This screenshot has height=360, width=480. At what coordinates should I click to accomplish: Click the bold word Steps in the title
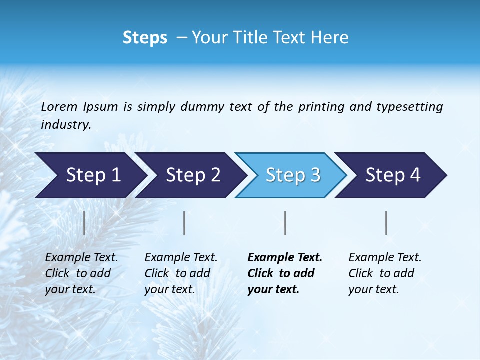pos(145,38)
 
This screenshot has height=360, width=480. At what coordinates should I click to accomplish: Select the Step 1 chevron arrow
pos(90,175)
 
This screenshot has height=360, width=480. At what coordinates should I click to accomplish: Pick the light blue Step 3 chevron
pos(290,175)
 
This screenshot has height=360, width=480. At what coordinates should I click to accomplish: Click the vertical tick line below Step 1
pos(84,223)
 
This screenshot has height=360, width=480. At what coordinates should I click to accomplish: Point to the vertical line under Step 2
pos(184,223)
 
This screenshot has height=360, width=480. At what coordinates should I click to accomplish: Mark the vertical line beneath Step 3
pos(285,223)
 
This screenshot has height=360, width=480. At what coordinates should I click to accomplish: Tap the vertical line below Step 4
pos(386,223)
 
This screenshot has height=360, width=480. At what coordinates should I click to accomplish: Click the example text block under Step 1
pos(81,273)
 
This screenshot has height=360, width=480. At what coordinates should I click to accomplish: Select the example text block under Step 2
pos(181,273)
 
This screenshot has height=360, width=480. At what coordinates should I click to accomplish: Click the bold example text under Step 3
pos(285,273)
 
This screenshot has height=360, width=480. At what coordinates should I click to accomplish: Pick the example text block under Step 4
pos(385,273)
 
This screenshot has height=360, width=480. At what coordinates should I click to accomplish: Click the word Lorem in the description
pos(59,106)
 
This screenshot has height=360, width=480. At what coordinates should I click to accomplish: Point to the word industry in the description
pos(66,125)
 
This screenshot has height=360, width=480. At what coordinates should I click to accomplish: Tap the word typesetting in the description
pos(409,106)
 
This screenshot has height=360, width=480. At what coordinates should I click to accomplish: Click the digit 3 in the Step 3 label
pos(315,175)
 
